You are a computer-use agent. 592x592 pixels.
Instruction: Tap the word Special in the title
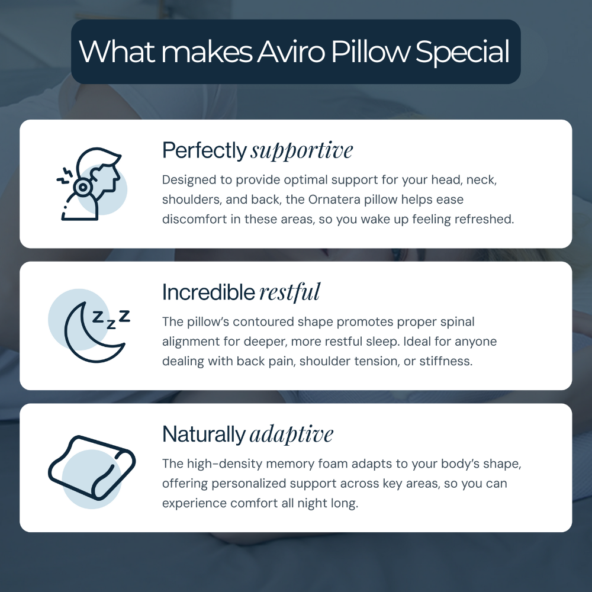pyautogui.click(x=462, y=52)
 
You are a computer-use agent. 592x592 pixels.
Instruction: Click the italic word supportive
pyautogui.click(x=301, y=151)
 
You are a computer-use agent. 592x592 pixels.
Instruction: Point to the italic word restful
pyautogui.click(x=289, y=292)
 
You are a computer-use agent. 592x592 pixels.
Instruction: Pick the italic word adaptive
pyautogui.click(x=291, y=435)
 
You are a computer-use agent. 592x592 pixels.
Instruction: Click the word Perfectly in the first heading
pyautogui.click(x=204, y=151)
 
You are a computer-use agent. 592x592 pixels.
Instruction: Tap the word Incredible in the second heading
pyautogui.click(x=209, y=292)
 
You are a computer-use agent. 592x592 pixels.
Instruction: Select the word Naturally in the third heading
pyautogui.click(x=204, y=435)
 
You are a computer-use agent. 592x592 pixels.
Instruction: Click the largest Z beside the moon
pyautogui.click(x=124, y=316)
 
